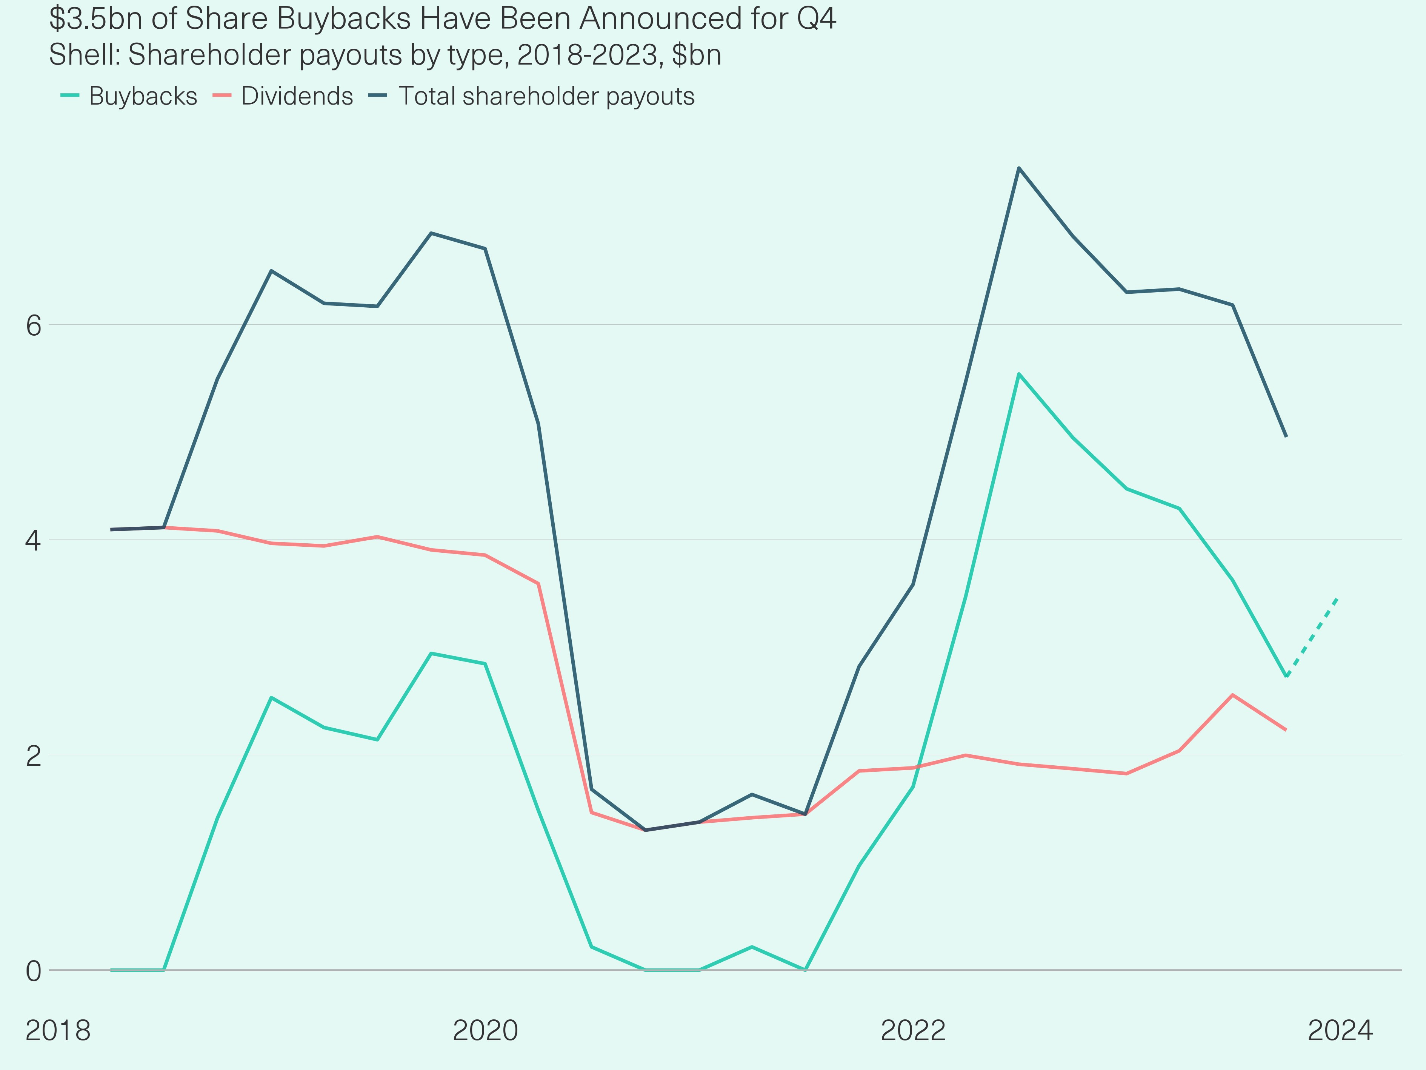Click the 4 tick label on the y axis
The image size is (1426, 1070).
coord(34,541)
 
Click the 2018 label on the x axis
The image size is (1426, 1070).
coord(58,1031)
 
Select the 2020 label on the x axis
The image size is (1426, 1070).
coord(485,1031)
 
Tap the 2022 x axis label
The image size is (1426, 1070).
coord(913,1031)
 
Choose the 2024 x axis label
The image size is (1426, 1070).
coord(1340,1031)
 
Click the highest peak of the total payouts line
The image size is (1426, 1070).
coord(1018,168)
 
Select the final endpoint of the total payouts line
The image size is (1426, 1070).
coord(1286,436)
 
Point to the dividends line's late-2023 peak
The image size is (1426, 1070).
coord(1232,695)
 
